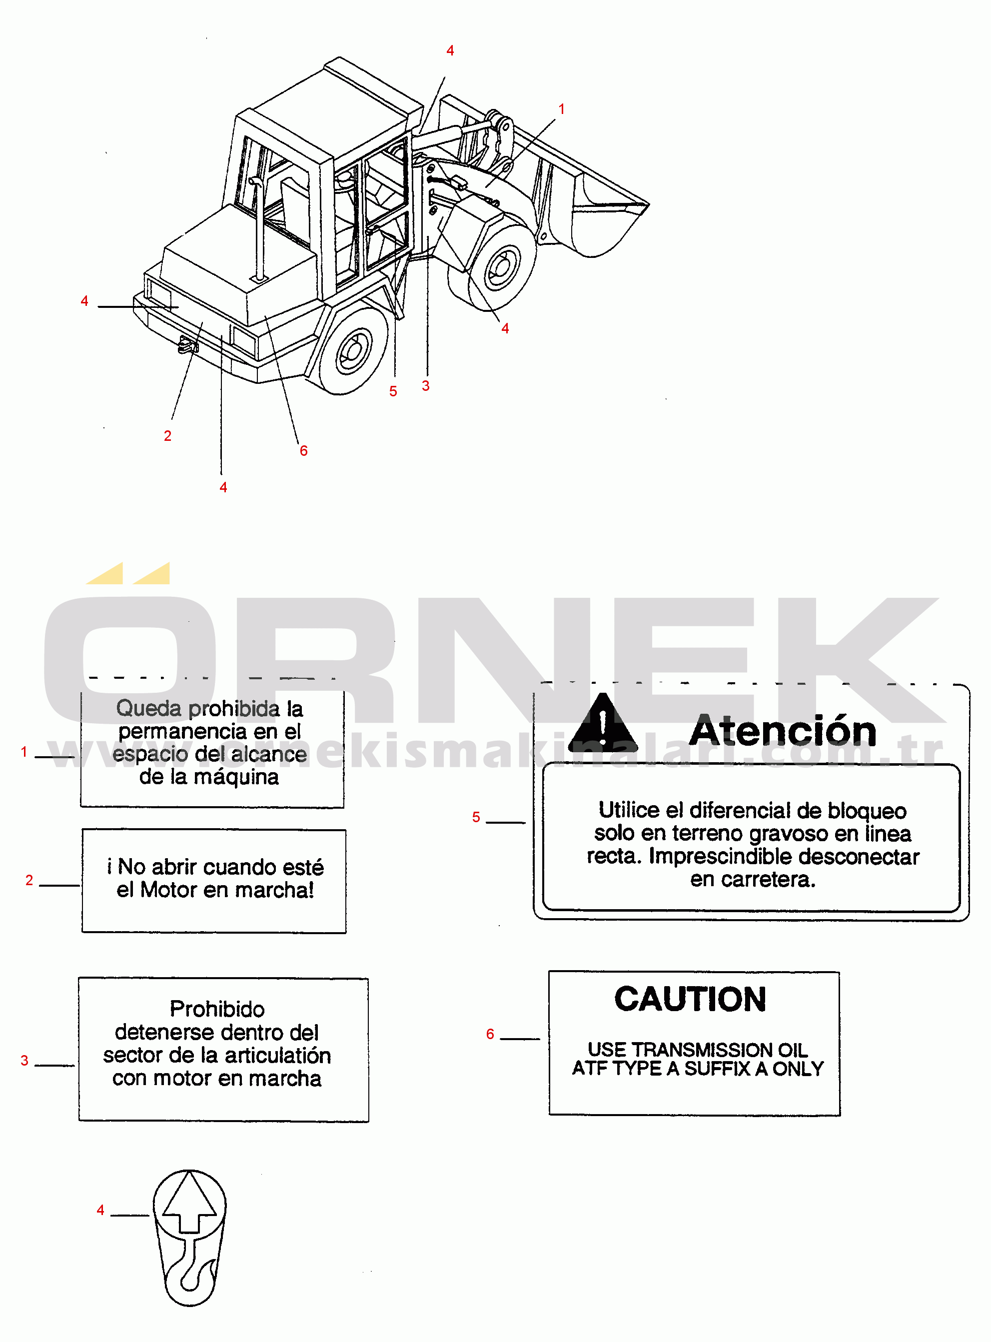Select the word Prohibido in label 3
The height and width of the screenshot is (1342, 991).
click(x=217, y=1009)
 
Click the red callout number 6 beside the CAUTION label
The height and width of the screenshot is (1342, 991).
click(x=490, y=1034)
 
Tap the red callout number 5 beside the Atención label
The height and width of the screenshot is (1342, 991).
click(x=476, y=817)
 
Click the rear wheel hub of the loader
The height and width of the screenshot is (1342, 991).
click(x=353, y=351)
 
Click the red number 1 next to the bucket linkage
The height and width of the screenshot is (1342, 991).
click(x=562, y=109)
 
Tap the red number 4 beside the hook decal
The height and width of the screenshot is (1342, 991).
click(x=100, y=1210)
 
